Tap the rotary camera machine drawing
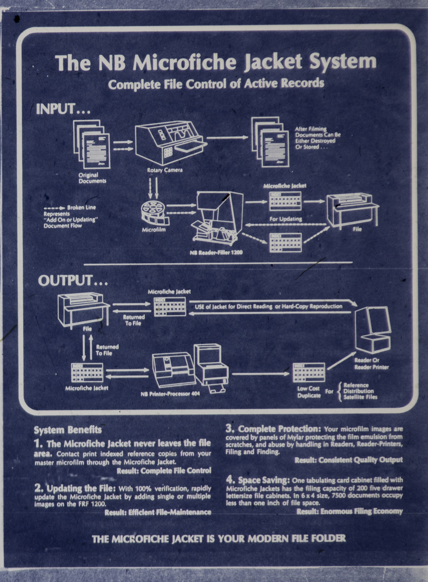point(170,142)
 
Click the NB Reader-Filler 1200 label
point(216,252)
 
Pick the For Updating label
point(285,219)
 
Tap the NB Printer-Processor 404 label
point(170,394)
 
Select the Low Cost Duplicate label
point(309,392)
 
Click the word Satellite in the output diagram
point(354,397)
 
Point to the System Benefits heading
point(68,430)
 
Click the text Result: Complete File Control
point(164,471)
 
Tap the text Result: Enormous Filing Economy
point(349,511)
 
